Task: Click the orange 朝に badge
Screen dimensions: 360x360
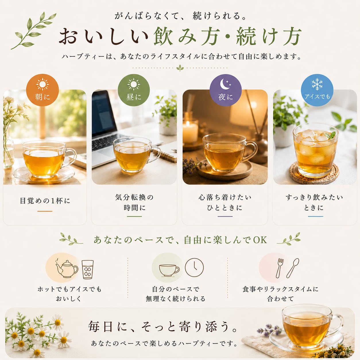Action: point(42,90)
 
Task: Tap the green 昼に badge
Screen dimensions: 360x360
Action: point(134,90)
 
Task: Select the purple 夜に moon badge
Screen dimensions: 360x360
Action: point(225,90)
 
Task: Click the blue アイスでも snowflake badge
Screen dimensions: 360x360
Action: point(317,90)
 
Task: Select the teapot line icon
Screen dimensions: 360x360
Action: point(67,269)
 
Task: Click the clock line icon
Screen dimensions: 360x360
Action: point(194,267)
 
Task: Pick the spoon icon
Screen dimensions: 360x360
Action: point(293,268)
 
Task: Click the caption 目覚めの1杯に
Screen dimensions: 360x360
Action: point(45,201)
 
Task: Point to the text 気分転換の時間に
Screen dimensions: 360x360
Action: point(134,202)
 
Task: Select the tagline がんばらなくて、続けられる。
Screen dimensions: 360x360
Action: point(180,16)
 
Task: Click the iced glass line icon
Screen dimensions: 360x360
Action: point(88,270)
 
